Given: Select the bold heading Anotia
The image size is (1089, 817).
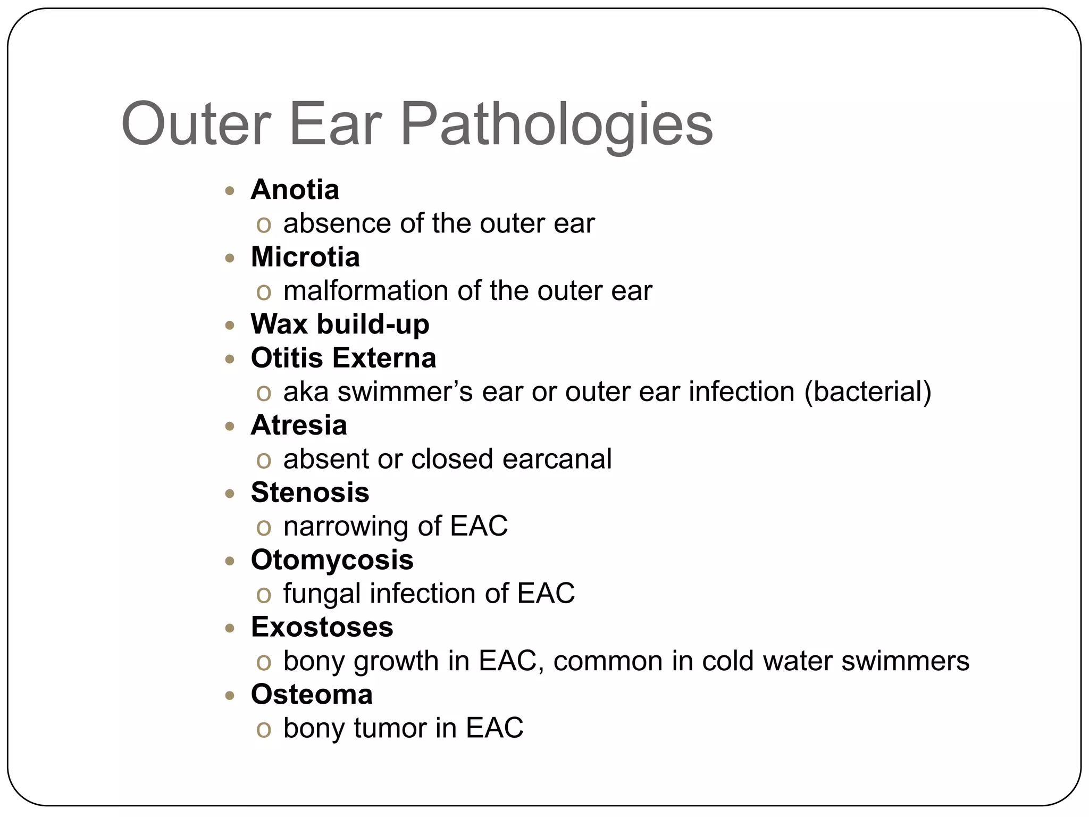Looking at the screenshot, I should [x=295, y=189].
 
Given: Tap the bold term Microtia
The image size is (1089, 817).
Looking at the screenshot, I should [x=305, y=257].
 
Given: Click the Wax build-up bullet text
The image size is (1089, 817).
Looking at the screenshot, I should [x=340, y=324].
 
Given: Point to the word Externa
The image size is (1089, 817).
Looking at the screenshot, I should [x=384, y=358].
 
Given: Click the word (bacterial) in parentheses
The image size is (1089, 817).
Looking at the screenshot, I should [x=868, y=391].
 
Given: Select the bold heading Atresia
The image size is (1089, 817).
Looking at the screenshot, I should [x=299, y=425].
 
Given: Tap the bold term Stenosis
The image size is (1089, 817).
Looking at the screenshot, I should [x=310, y=493].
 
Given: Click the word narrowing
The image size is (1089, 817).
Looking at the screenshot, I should [x=346, y=526].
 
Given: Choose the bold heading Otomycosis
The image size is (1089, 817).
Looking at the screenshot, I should [x=332, y=560].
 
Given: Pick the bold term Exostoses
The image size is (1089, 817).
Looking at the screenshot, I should [x=322, y=627].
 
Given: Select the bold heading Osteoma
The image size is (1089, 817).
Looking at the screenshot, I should [x=312, y=694].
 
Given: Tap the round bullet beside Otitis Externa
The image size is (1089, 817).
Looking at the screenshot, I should [x=230, y=359].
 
